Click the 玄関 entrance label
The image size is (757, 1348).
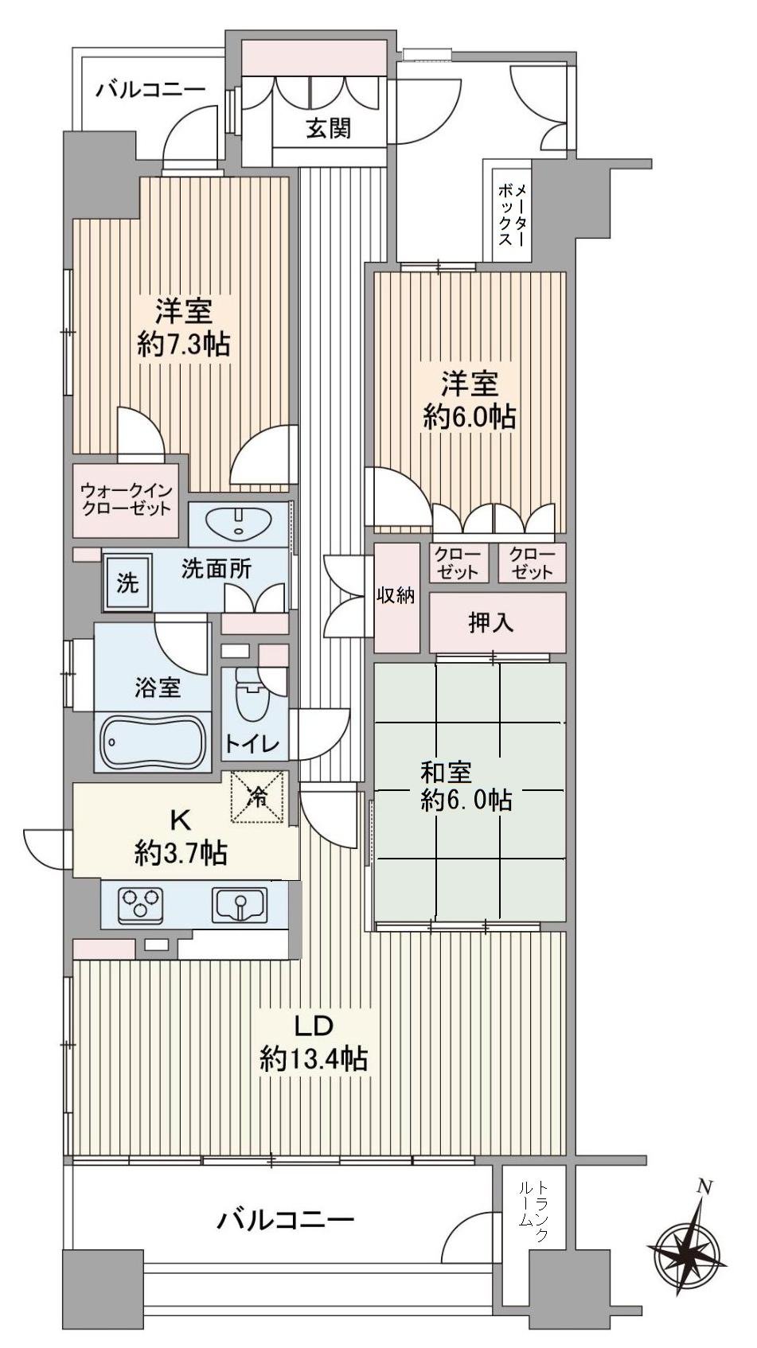point(329,128)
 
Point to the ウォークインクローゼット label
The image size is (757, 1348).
point(126,499)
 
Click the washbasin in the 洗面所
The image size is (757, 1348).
point(239,523)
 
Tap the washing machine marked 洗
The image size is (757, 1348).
point(127,582)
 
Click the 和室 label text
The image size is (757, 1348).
point(446,771)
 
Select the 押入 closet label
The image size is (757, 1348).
point(490,623)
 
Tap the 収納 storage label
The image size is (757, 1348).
point(396,595)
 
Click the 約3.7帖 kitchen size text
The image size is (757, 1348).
point(181,854)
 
